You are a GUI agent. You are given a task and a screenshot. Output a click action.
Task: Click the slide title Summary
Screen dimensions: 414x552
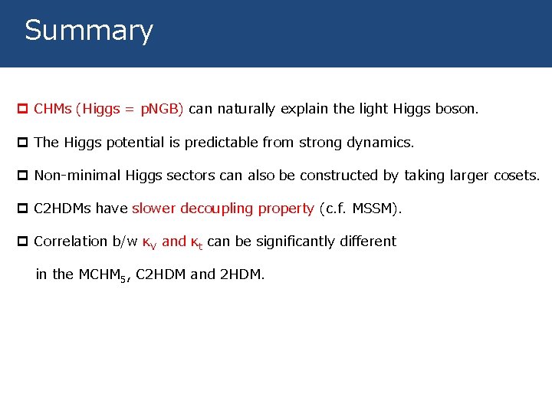pyautogui.click(x=89, y=31)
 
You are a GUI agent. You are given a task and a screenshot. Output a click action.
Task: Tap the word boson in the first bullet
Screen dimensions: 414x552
pyautogui.click(x=457, y=109)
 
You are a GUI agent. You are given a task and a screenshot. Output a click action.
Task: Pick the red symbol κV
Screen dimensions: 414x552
pyautogui.click(x=150, y=242)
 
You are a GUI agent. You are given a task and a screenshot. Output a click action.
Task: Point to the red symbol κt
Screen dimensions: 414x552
pyautogui.click(x=196, y=242)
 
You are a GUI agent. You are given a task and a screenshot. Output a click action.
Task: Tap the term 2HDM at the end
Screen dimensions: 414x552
pyautogui.click(x=240, y=274)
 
